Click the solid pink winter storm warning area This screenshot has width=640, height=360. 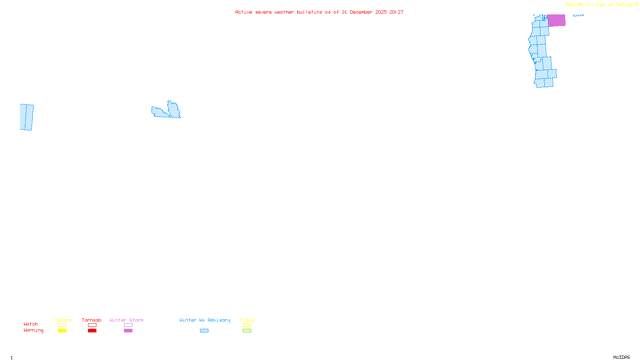pos(556,20)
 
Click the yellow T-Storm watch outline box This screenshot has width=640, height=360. pos(62,325)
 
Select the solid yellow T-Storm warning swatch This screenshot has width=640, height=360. pos(62,331)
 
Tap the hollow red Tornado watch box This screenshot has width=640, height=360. pos(92,325)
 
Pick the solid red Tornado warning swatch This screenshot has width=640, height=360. pos(92,331)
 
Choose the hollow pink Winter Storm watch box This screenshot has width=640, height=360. pos(128,325)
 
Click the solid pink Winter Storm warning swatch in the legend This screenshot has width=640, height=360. pos(128,331)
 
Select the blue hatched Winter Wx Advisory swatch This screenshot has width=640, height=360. pos(204,331)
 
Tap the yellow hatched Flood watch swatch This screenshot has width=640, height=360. pos(247,325)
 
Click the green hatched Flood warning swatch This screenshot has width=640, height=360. pos(247,331)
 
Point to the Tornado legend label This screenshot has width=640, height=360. pos(92,320)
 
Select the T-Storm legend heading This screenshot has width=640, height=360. pos(62,320)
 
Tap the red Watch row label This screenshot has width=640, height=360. pos(31,324)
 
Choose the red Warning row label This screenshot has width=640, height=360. pos(33,330)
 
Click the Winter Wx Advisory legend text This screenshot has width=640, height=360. pos(205,320)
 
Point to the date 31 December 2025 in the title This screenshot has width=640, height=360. pos(364,12)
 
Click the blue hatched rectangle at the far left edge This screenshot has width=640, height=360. pos(26,117)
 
